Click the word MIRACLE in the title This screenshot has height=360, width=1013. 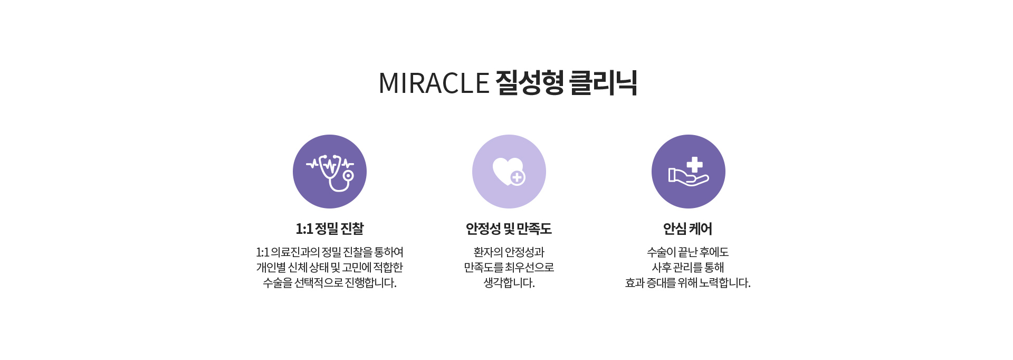[434, 83]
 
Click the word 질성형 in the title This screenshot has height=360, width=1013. [530, 83]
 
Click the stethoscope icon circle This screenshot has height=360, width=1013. [330, 172]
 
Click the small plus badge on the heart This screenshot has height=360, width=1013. [517, 178]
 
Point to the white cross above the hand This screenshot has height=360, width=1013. [694, 165]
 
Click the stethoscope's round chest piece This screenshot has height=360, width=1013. [348, 175]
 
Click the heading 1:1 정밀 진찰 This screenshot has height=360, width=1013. [330, 229]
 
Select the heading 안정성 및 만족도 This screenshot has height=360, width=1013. [509, 229]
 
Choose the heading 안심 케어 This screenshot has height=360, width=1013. [688, 229]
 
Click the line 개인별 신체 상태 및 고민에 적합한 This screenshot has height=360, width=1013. [330, 268]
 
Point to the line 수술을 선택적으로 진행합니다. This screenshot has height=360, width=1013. [330, 283]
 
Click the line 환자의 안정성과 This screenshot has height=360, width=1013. [509, 252]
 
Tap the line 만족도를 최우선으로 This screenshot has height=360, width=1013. [509, 268]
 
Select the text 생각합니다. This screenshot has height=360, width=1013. [509, 283]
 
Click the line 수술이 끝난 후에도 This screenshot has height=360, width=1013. [688, 252]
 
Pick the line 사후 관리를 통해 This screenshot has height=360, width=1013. [688, 268]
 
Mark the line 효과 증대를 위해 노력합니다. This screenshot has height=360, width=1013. [688, 283]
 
